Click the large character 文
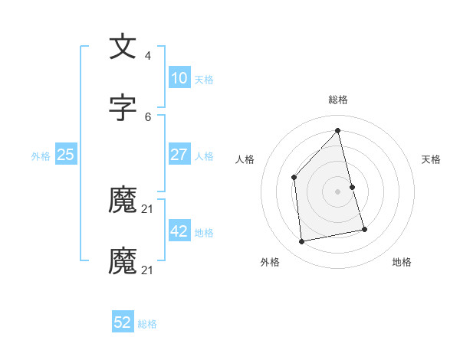[x=123, y=47]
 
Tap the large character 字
[x=123, y=108]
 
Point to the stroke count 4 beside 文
[x=147, y=56]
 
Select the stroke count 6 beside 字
[x=147, y=116]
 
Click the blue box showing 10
[x=179, y=78]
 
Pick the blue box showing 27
[x=179, y=155]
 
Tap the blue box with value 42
[x=179, y=231]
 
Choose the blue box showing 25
[x=66, y=155]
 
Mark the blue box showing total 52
[x=123, y=323]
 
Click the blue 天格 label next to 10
[x=204, y=80]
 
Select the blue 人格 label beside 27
[x=204, y=156]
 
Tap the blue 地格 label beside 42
[x=204, y=233]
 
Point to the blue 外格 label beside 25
[x=41, y=156]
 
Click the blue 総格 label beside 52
[x=147, y=325]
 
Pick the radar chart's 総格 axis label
[x=337, y=100]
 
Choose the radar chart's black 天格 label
[x=431, y=159]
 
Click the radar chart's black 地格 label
[x=402, y=262]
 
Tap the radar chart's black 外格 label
[x=270, y=262]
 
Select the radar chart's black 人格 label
[x=245, y=159]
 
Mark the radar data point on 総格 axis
[x=337, y=131]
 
